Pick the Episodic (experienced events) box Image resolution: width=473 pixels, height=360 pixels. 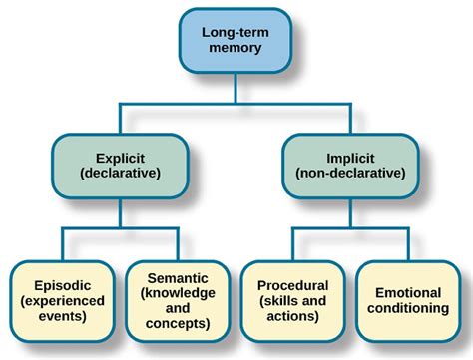(64, 297)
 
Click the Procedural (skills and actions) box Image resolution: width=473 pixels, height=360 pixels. (294, 297)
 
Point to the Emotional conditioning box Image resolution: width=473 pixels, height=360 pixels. (409, 297)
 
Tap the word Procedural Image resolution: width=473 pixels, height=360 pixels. (293, 279)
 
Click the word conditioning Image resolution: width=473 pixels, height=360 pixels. (409, 307)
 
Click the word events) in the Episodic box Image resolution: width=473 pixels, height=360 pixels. (64, 315)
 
